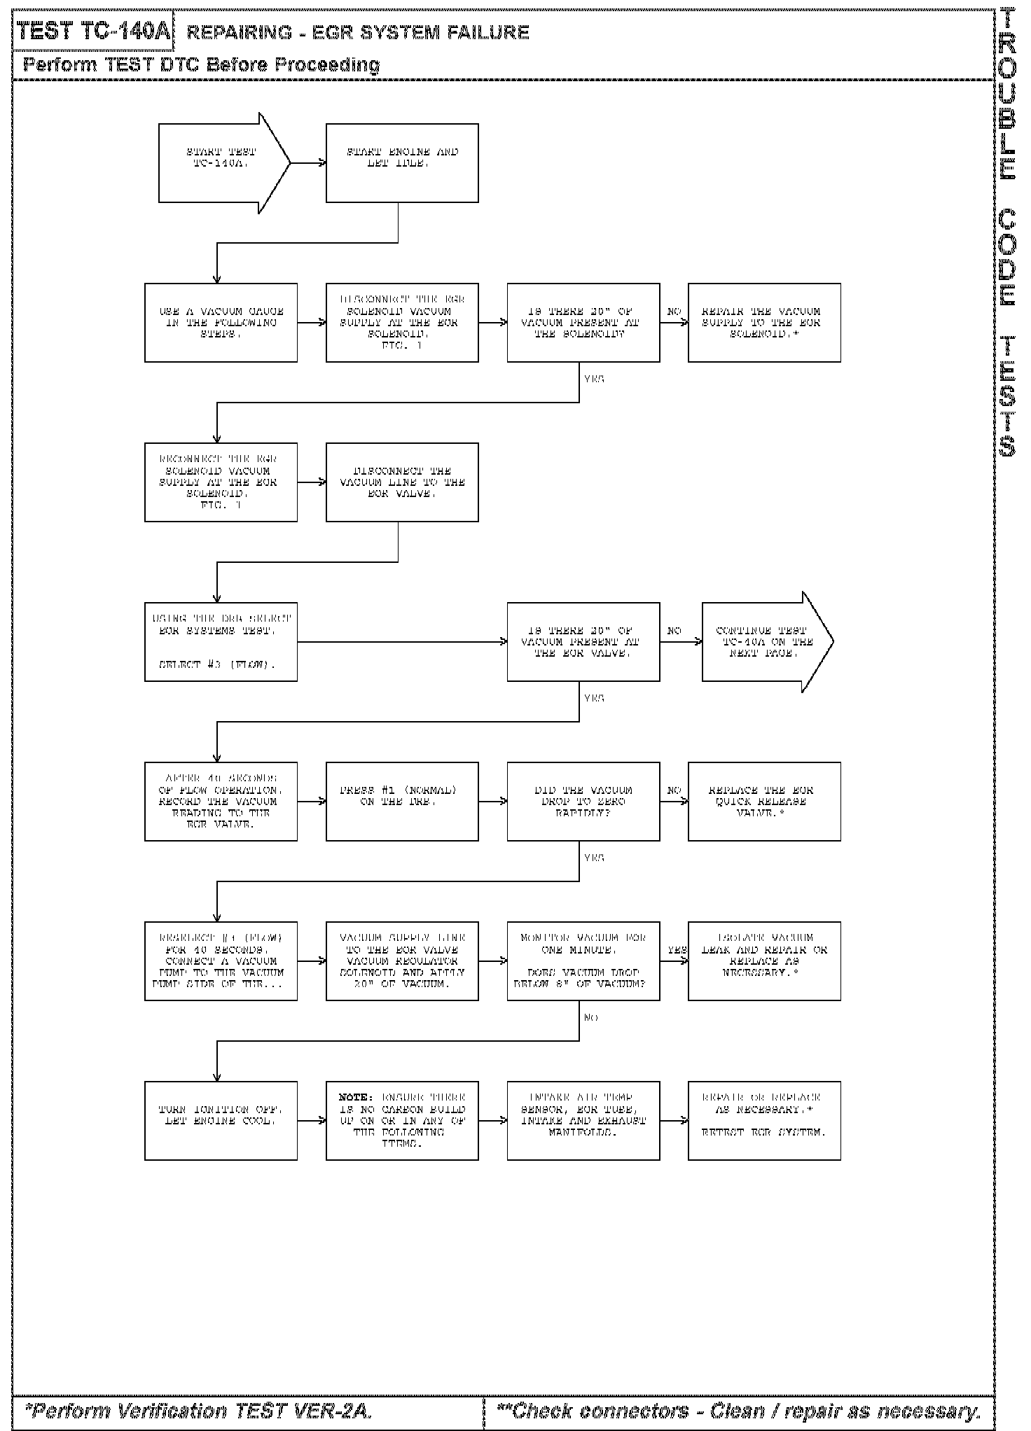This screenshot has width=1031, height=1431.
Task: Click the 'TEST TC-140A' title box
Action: [93, 32]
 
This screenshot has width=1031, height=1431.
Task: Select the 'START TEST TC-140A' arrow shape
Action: [221, 163]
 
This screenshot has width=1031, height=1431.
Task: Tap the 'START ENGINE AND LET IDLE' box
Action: [402, 163]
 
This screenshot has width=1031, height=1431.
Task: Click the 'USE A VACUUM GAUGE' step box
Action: [221, 323]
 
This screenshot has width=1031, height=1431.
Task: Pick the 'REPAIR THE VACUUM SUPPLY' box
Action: [764, 323]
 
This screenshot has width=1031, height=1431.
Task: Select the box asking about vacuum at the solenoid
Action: [583, 323]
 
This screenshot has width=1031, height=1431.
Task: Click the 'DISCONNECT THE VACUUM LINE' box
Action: [402, 482]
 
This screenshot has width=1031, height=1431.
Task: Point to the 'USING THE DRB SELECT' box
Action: [221, 642]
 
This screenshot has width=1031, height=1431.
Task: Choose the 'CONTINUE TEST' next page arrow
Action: [764, 642]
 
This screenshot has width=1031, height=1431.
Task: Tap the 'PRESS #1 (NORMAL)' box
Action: [402, 802]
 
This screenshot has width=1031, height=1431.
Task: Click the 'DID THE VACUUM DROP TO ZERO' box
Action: [583, 802]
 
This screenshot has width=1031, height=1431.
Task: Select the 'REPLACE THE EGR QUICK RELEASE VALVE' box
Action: [764, 802]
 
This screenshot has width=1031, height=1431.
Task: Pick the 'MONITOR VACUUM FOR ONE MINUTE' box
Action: [583, 961]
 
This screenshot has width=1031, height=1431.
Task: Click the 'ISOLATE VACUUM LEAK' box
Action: [764, 961]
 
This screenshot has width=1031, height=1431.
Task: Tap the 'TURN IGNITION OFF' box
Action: [221, 1121]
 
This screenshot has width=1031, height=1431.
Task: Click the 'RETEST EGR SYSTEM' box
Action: [764, 1121]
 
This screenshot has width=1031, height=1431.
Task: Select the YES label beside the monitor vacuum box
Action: [677, 950]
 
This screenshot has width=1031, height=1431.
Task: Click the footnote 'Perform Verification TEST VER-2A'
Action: [198, 1411]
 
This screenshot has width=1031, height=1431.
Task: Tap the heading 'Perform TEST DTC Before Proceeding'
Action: [202, 65]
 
